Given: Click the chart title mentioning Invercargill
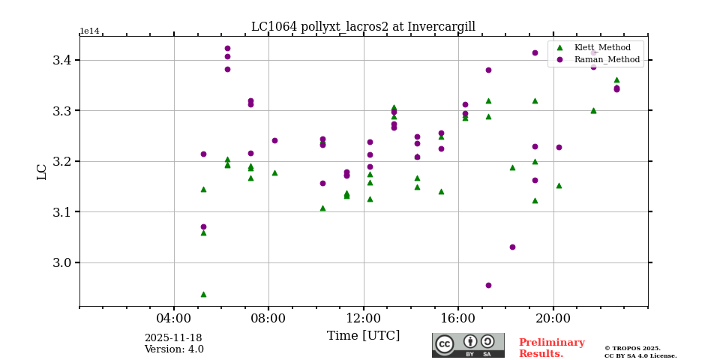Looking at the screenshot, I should tap(363, 27).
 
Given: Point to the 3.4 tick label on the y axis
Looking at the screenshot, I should tap(61, 60).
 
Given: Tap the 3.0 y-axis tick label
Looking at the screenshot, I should tap(61, 262).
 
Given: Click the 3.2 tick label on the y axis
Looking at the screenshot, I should tap(61, 161).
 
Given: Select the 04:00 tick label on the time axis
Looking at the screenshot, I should tap(174, 318).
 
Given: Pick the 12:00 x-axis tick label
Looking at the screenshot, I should tap(364, 318).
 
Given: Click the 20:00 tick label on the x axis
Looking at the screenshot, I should tap(553, 318).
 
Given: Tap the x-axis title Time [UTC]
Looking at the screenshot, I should tap(363, 336).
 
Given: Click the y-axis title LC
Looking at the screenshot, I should tap(42, 172).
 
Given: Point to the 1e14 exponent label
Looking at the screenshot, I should tap(89, 31).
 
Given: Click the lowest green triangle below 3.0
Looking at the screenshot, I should tap(203, 294).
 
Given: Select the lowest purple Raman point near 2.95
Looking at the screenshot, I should tap(488, 285).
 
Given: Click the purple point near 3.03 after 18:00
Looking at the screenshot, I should tap(512, 247).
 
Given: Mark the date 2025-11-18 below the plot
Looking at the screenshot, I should tap(173, 338).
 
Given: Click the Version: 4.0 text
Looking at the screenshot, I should tap(174, 349).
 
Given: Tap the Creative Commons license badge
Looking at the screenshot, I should tap(468, 345).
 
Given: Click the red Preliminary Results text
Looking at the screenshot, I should tap(551, 348).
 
